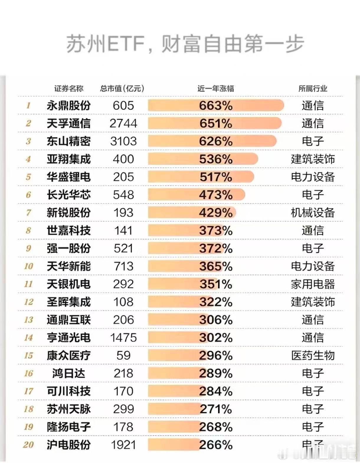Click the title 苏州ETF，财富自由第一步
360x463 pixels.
pos(185,44)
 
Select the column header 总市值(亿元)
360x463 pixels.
pos(122,88)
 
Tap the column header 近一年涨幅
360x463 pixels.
pos(216,88)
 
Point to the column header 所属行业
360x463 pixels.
pos(313,88)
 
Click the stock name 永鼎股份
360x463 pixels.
pos(68,105)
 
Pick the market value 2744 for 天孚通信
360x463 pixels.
pos(123,123)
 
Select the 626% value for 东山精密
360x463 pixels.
pos(216,141)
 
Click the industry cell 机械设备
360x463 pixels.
pos(313,213)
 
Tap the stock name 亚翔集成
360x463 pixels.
pos(68,159)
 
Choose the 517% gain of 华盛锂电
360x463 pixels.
pos(216,177)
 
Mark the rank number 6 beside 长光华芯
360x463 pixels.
pos(28,195)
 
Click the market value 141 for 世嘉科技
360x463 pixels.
pos(123,230)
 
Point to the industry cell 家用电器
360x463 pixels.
pos(313,284)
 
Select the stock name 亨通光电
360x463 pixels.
pos(68,338)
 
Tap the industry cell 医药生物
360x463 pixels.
pos(313,356)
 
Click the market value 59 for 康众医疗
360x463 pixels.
pos(123,356)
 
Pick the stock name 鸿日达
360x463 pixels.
pos(68,373)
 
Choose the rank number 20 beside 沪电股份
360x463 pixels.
pos(28,445)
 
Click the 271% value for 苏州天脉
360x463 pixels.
pos(216,409)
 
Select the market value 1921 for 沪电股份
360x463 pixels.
pos(123,445)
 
